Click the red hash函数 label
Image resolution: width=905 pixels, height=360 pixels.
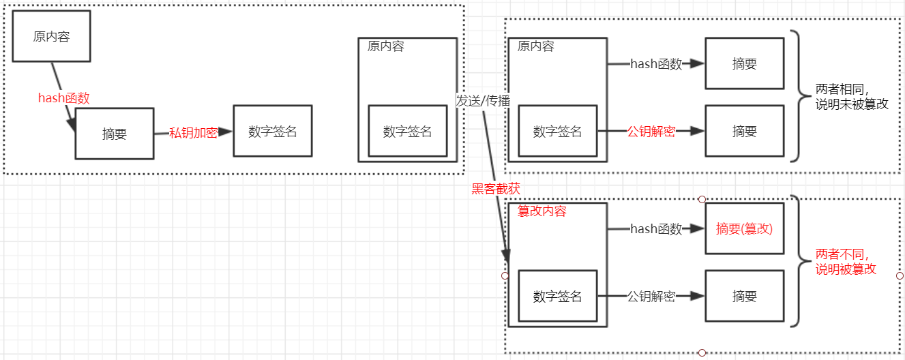click(63, 98)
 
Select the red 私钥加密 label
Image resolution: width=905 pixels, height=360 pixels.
click(194, 133)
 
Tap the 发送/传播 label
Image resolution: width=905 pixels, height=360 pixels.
click(483, 100)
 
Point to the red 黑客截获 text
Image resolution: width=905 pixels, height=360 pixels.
click(495, 189)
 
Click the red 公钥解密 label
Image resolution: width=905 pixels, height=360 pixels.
click(651, 132)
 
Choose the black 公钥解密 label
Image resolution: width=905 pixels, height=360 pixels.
click(651, 297)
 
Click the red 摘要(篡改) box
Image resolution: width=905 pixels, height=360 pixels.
click(744, 229)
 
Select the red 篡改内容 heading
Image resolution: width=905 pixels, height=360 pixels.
click(542, 211)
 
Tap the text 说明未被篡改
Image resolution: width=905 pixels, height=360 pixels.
click(852, 104)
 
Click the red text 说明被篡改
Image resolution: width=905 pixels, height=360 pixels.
click(846, 269)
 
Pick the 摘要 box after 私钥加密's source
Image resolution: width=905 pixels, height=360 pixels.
click(115, 134)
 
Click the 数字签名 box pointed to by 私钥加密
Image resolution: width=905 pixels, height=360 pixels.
click(272, 132)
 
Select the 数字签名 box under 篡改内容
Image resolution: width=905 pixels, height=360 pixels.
click(558, 297)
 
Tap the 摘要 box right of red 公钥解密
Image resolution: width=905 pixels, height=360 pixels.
click(744, 132)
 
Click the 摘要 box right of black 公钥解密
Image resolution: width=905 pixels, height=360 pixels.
click(744, 297)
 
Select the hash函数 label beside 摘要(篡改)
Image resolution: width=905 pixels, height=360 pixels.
click(656, 229)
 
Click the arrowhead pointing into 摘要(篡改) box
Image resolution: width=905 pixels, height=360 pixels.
click(697, 229)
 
